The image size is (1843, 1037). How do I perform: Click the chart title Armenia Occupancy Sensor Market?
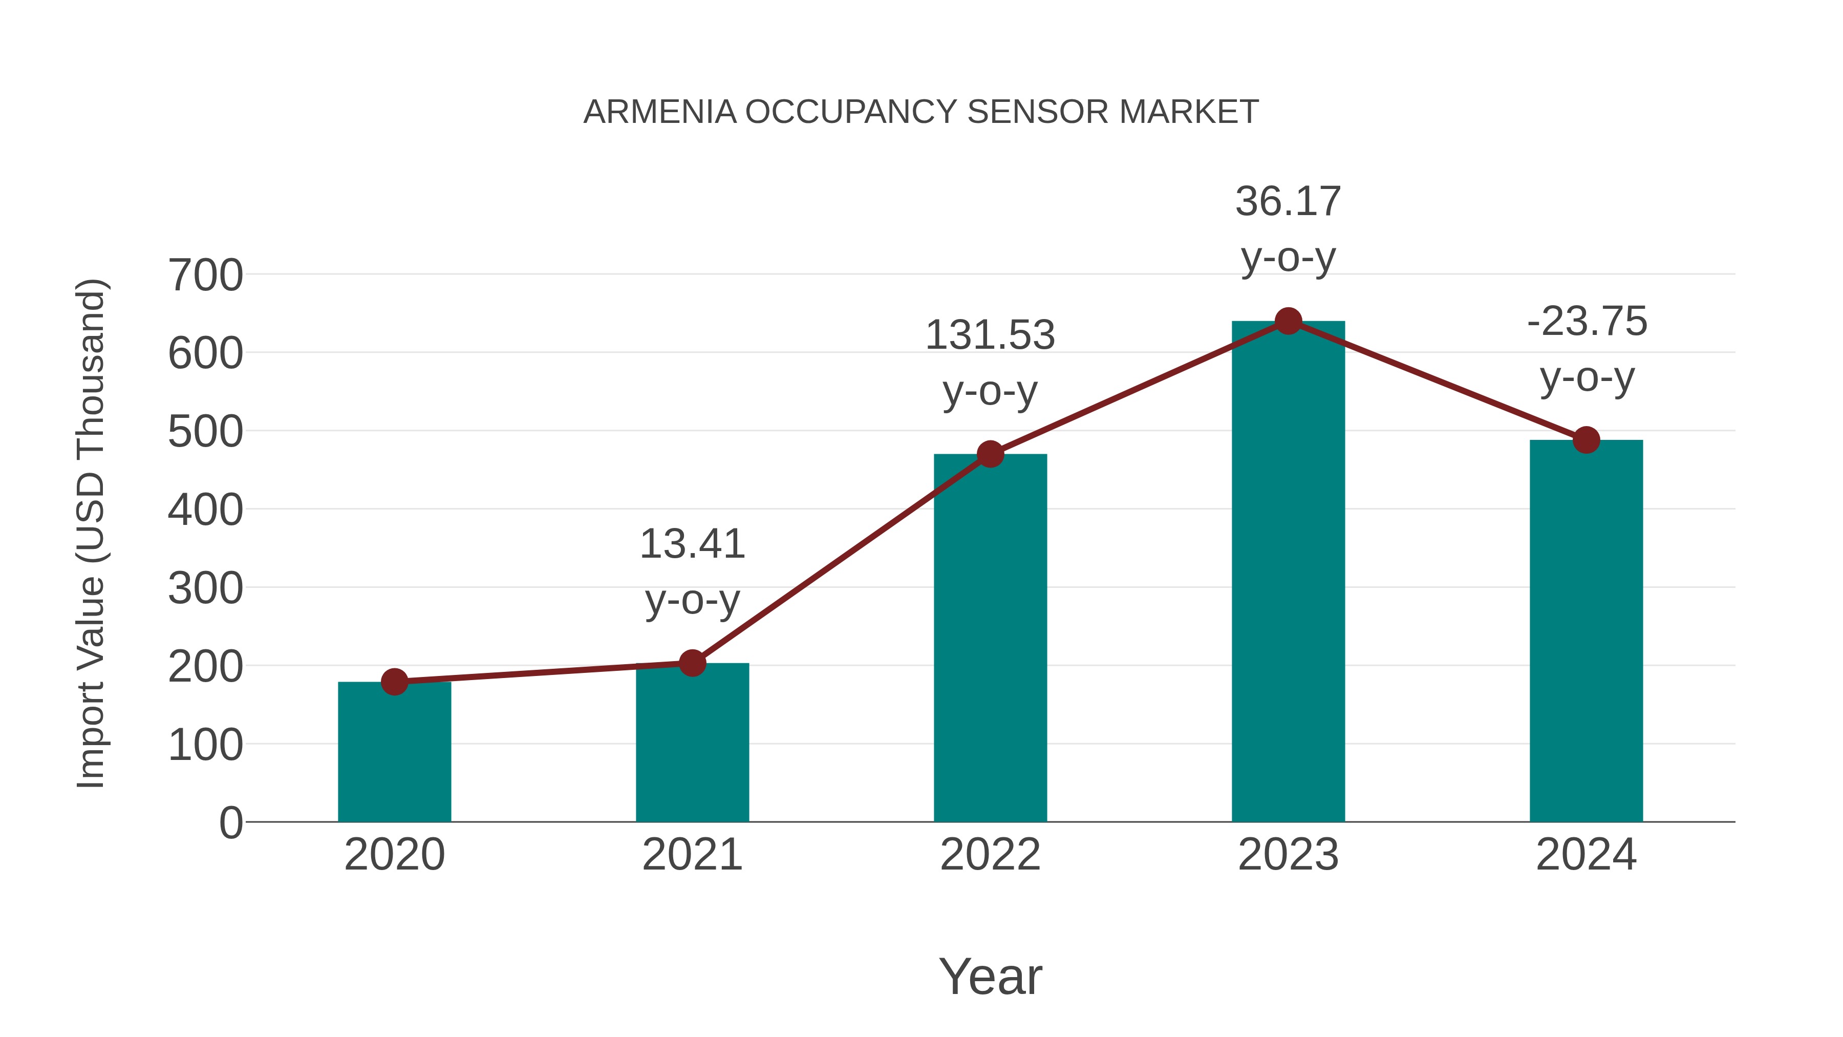click(921, 112)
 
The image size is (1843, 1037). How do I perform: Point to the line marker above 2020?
click(394, 681)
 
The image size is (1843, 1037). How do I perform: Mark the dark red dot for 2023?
click(1288, 321)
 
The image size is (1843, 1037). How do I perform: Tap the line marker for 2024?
click(1586, 440)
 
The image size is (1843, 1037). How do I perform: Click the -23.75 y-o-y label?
click(1586, 349)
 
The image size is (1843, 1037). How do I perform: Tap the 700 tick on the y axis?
click(205, 276)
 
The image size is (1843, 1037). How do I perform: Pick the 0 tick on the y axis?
click(230, 823)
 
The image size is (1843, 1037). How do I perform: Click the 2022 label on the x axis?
click(990, 855)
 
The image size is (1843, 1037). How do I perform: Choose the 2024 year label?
click(1586, 855)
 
